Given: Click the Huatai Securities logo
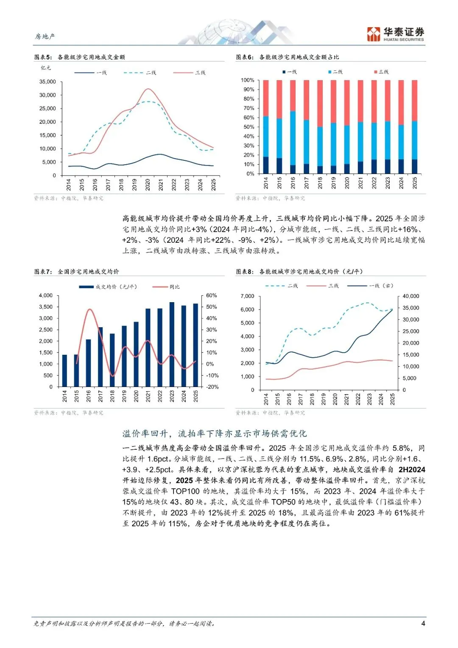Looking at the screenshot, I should point(395,34).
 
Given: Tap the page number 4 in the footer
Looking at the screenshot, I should point(423,623).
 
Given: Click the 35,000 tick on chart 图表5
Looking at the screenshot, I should point(47,81).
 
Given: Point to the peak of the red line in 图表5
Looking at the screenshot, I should point(148,89).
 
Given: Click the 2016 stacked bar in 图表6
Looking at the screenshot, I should point(293,126).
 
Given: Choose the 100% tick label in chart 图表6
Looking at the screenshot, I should point(247,80).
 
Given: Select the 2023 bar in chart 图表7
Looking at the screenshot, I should point(172,344).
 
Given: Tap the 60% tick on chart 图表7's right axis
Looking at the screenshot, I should point(211,295).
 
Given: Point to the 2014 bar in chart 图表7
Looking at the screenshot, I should point(64,370).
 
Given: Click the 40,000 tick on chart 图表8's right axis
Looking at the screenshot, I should point(411,296).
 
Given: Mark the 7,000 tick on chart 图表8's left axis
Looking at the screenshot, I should point(247,296).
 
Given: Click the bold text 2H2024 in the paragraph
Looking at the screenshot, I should point(411,469).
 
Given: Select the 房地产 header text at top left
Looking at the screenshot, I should point(45,36).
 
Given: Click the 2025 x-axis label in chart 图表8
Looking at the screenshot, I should point(392,399).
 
